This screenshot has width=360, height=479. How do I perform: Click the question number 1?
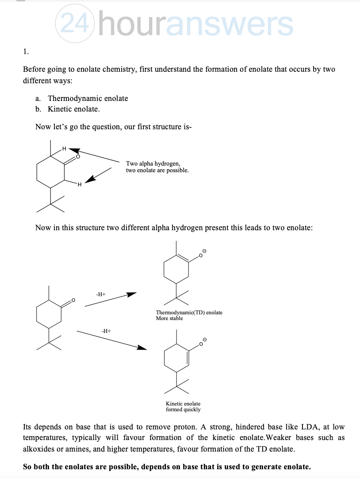coord(26,51)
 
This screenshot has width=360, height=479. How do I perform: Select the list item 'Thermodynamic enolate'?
coord(88,98)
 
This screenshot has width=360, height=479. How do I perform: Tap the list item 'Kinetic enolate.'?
coord(73,109)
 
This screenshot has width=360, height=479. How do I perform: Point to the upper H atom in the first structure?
coord(64,149)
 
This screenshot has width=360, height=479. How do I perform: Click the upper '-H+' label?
coord(100,294)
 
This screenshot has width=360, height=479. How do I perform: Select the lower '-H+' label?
coord(106,330)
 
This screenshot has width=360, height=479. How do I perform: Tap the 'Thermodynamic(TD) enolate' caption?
coord(189,313)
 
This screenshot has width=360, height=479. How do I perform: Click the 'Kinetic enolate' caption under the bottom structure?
coord(183,404)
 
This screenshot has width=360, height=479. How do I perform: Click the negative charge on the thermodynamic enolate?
coord(205,251)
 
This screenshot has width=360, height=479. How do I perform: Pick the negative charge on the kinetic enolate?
coord(205,340)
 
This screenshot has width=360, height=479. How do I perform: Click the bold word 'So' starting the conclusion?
coord(27,467)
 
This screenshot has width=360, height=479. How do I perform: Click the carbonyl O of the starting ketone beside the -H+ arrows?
coord(73,301)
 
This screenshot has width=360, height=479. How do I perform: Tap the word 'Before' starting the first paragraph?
coord(34,70)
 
